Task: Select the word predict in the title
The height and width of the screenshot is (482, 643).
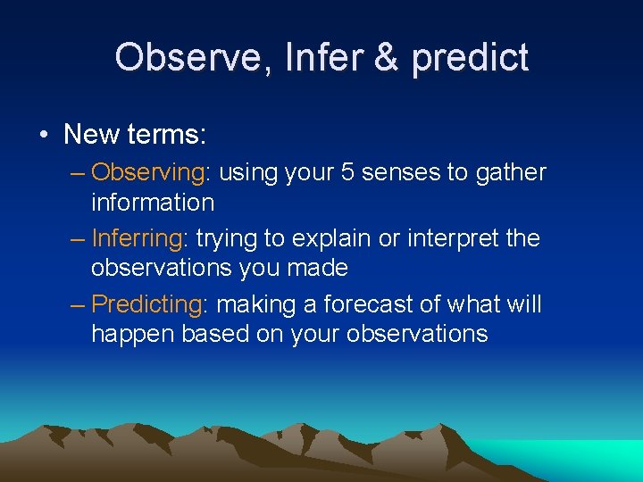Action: pyautogui.click(x=470, y=58)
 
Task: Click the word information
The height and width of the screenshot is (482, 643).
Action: pyautogui.click(x=153, y=203)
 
